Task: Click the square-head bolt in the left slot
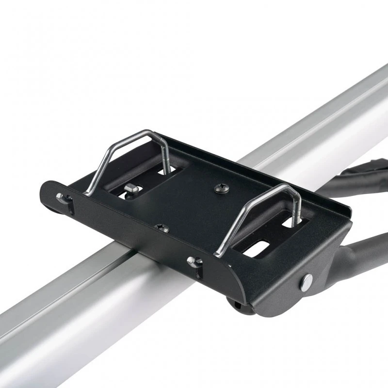tap(130, 188)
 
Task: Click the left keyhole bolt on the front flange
tap(62, 198)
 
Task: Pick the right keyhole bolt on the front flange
tap(195, 262)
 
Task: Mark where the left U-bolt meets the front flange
tap(90, 193)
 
